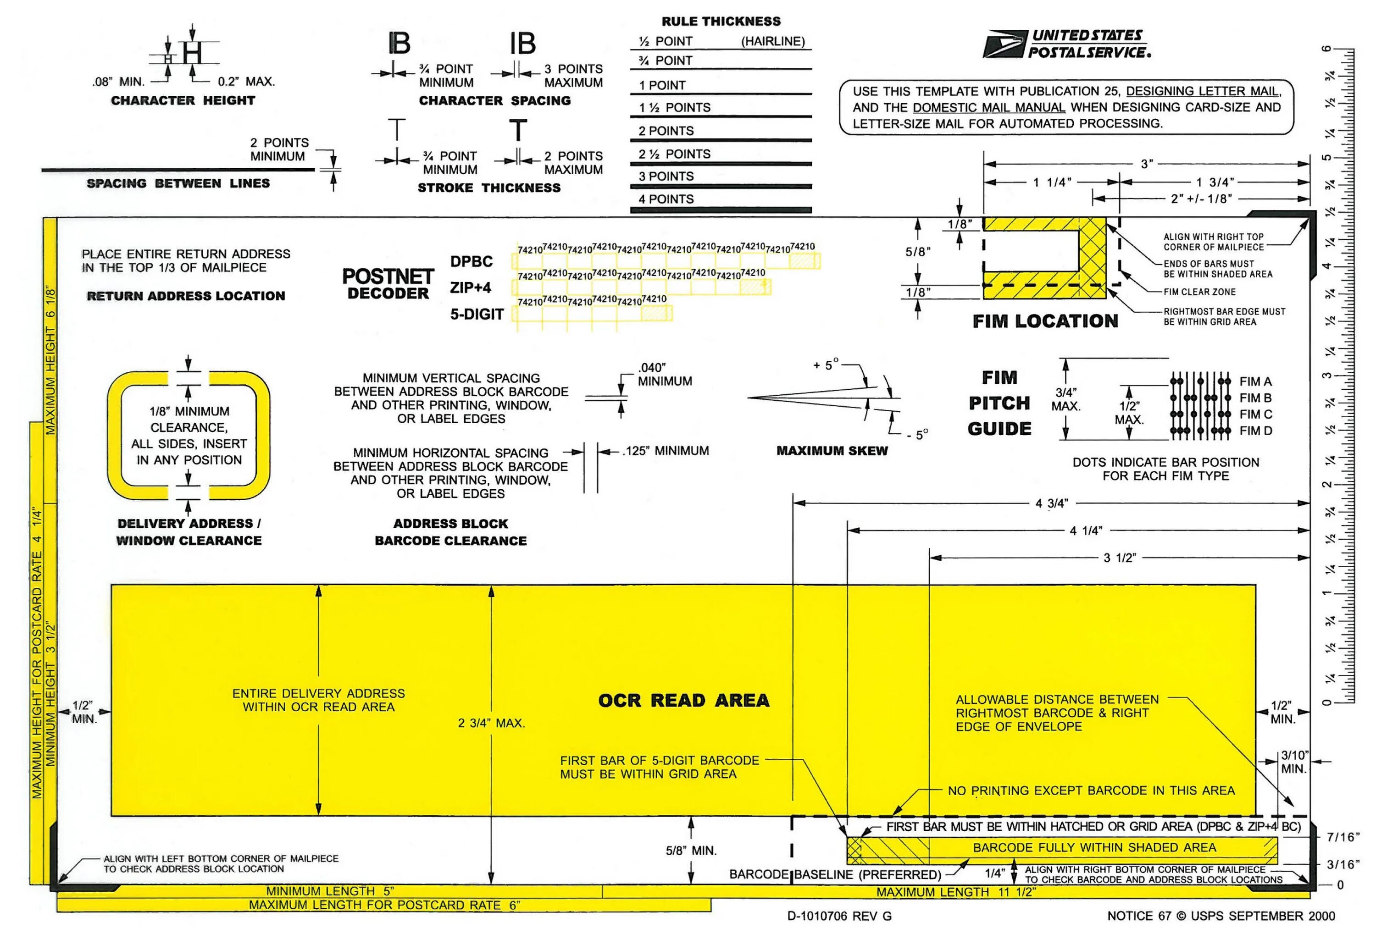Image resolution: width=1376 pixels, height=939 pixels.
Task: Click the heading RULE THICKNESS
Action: (721, 21)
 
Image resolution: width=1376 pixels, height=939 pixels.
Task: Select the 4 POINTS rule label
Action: (666, 199)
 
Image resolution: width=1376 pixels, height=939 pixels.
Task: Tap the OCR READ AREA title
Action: (683, 701)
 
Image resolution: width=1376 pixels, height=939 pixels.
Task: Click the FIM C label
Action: (1255, 414)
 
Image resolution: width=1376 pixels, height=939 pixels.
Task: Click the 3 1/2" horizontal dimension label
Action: (1119, 558)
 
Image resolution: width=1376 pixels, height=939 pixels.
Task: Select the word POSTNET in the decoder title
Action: (388, 276)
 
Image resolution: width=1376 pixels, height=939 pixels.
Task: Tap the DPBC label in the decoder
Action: (472, 261)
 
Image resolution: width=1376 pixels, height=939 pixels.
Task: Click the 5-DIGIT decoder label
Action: (477, 314)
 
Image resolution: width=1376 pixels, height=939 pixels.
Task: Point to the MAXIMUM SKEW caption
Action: (832, 451)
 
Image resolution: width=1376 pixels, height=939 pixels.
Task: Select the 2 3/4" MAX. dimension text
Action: (491, 723)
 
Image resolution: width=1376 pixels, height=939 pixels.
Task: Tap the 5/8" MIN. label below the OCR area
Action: (691, 851)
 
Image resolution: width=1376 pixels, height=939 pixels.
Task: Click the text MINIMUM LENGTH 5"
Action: (330, 891)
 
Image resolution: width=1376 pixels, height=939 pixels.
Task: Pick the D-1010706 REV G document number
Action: (839, 917)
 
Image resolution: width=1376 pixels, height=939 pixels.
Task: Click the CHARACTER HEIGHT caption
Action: (183, 100)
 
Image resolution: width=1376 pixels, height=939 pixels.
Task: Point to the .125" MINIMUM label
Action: (666, 451)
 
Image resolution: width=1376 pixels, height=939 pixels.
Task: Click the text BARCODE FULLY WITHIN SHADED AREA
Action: (1094, 847)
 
